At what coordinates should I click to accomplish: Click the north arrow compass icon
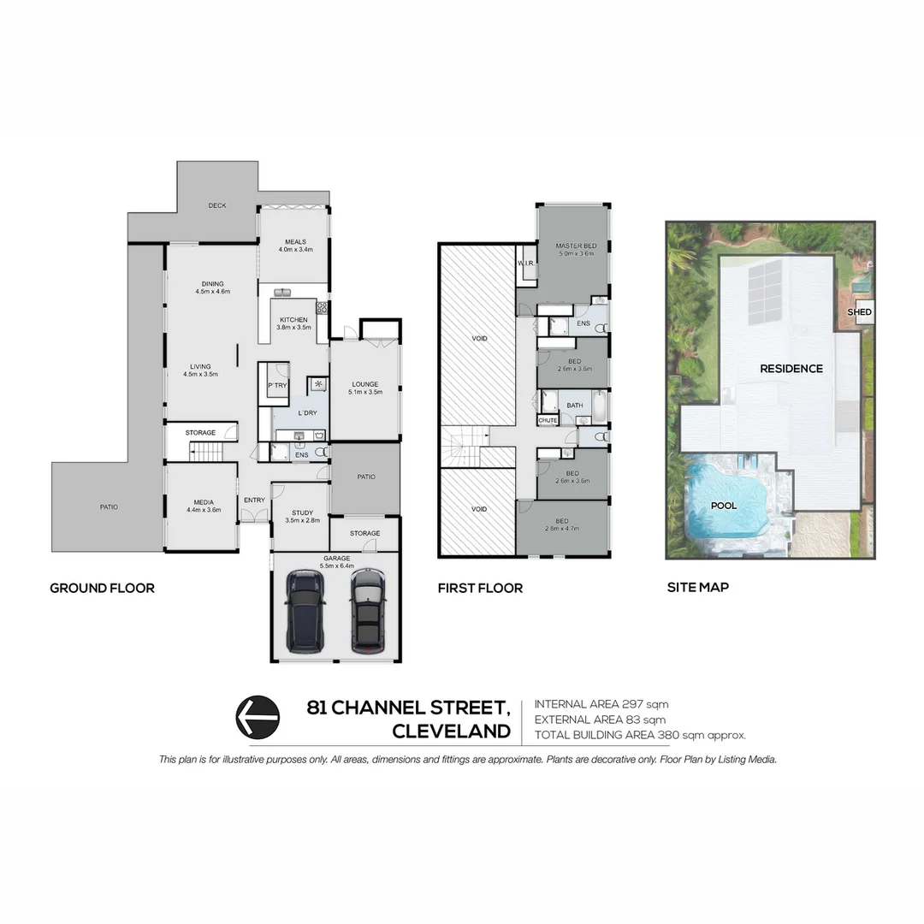coord(257,716)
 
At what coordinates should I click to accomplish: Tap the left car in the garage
coord(305,612)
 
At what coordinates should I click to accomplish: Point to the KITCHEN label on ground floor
coord(293,320)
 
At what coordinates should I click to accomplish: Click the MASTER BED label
coord(574,246)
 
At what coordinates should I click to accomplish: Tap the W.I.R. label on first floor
coord(525,263)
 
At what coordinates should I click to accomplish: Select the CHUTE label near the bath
coord(548,420)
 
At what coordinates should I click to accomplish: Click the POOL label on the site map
coord(724,506)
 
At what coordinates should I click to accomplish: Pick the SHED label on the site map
coord(859,312)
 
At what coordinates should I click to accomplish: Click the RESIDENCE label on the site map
coord(791,369)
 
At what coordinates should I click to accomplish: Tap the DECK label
coord(216,205)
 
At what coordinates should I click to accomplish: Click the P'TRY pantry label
coord(276,386)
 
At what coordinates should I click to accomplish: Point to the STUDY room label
coord(300,512)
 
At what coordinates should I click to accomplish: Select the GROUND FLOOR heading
coord(102,588)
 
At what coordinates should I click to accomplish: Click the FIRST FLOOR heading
coord(480,588)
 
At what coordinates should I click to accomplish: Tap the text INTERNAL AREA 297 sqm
coord(601,704)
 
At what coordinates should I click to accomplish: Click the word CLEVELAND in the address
coord(451,731)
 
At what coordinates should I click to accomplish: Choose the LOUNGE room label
coord(364,384)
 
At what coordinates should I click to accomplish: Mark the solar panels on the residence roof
coord(764,293)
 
